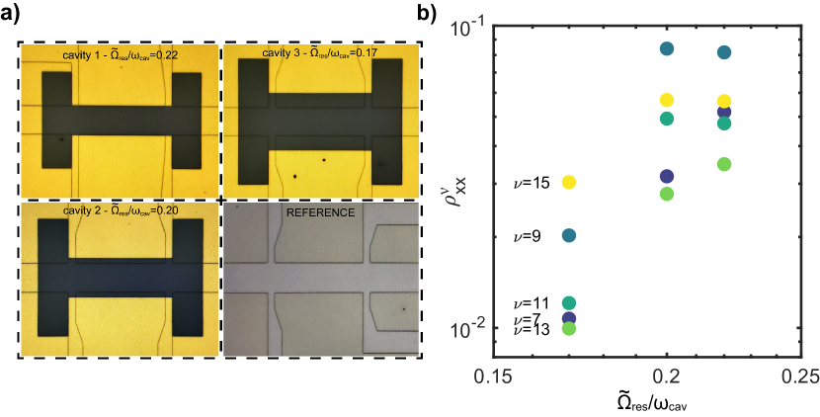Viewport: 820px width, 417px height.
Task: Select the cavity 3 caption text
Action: click(x=321, y=52)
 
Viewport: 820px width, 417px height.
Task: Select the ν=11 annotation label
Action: click(x=532, y=303)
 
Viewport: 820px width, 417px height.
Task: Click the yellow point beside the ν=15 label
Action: click(x=568, y=183)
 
